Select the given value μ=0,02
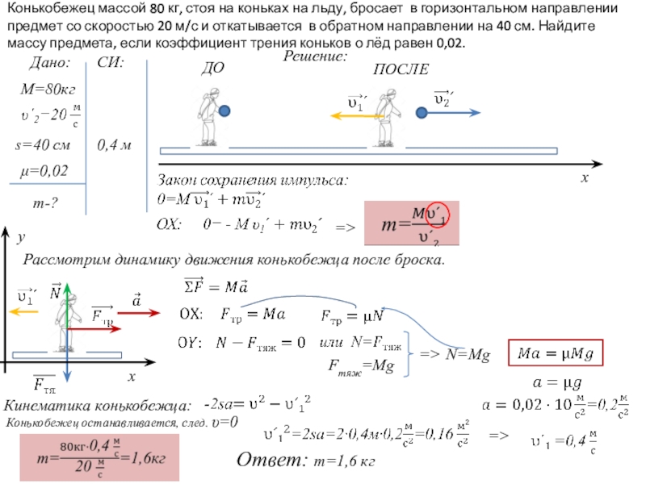click(x=44, y=170)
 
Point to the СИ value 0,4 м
click(x=114, y=145)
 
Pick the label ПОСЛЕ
click(x=401, y=70)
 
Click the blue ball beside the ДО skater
click(x=224, y=111)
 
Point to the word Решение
click(x=315, y=57)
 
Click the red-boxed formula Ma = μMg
click(x=556, y=353)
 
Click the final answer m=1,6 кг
click(x=345, y=461)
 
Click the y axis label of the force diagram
click(x=22, y=239)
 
